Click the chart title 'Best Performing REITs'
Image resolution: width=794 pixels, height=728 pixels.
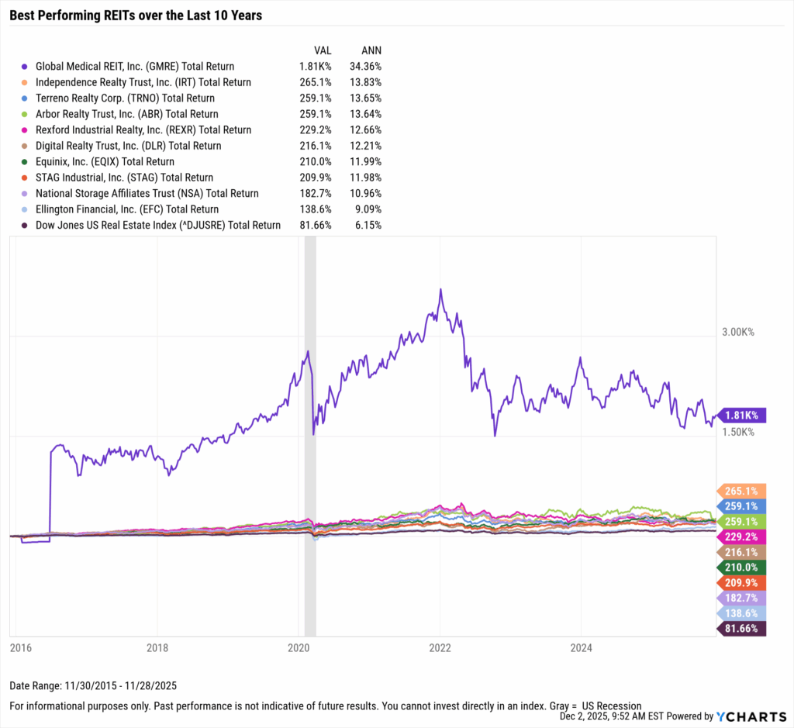tap(136, 16)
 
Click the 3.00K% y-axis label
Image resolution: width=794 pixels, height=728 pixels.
tap(737, 332)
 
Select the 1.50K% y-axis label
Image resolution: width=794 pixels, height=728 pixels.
tap(737, 431)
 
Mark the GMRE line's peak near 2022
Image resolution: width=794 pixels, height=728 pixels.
tap(440, 290)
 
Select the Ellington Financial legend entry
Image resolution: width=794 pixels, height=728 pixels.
tap(127, 209)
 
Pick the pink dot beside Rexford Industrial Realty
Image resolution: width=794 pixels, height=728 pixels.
tap(25, 130)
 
